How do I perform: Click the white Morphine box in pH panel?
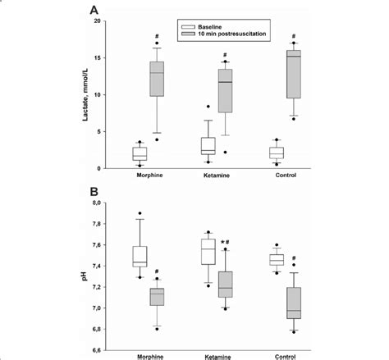[x=139, y=256]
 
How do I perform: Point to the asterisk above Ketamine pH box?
[x=221, y=243]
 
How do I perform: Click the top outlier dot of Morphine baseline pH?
[x=139, y=214]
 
